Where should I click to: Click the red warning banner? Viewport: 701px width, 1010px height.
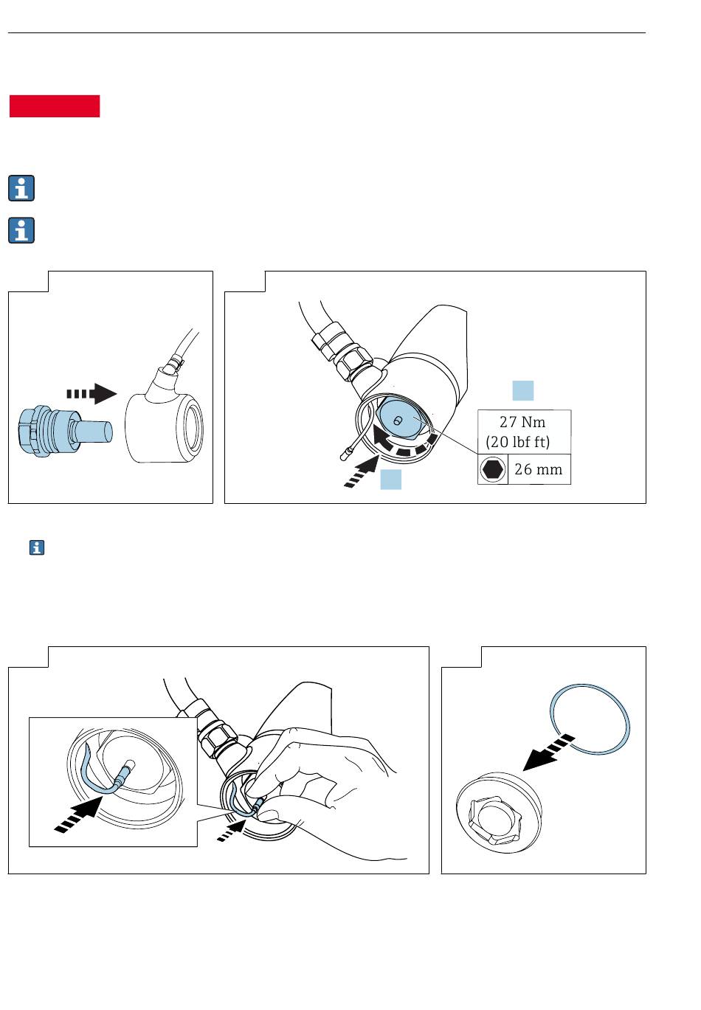coord(54,106)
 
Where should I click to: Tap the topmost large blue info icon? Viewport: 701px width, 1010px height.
coord(21,188)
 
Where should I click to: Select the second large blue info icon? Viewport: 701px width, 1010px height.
coord(21,230)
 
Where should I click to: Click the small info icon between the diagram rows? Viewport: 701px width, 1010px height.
coord(37,547)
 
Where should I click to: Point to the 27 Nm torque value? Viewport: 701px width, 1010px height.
coord(522,422)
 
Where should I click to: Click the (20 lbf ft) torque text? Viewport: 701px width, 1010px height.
coord(517,442)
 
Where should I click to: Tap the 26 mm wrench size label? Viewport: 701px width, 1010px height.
coord(538,469)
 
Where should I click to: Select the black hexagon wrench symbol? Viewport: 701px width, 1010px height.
coord(492,469)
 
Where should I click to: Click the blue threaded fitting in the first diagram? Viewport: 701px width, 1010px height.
coord(65,431)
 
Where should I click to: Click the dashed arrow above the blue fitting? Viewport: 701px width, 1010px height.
coord(91,394)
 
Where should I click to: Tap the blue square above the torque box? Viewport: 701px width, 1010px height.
coord(523,390)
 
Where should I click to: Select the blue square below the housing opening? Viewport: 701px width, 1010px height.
coord(390,480)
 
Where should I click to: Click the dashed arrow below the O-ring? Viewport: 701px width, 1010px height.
coord(548,753)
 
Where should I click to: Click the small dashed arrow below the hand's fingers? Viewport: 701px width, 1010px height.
coord(232,831)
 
